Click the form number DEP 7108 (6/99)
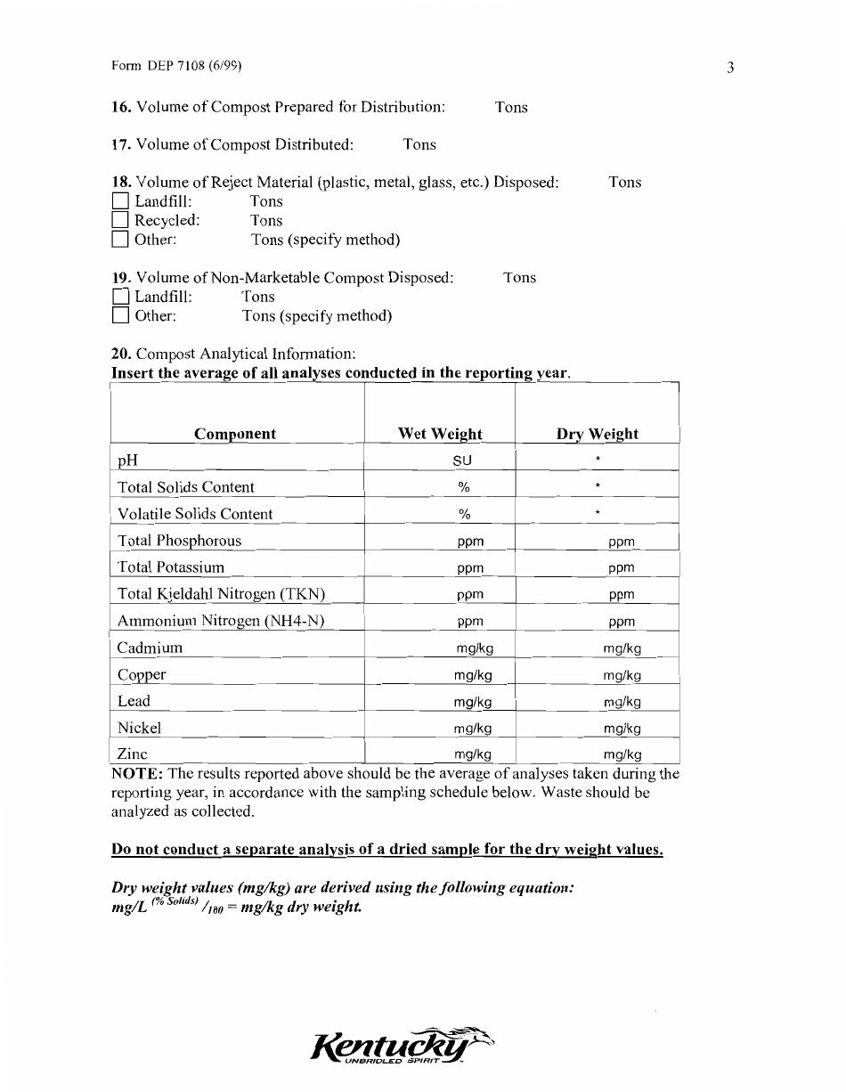177,66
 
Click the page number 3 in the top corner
729,68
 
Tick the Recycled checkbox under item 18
121,220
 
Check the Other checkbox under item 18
121,240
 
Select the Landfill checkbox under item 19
121,297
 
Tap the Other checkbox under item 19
121,316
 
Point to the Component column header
235,434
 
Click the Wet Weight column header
440,434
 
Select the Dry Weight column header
597,434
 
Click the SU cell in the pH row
462,460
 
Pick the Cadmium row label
150,648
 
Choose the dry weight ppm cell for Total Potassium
622,568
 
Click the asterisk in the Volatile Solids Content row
598,514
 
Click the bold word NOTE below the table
136,773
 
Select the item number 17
121,144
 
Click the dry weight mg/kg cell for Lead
622,702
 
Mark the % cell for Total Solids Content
463,487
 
